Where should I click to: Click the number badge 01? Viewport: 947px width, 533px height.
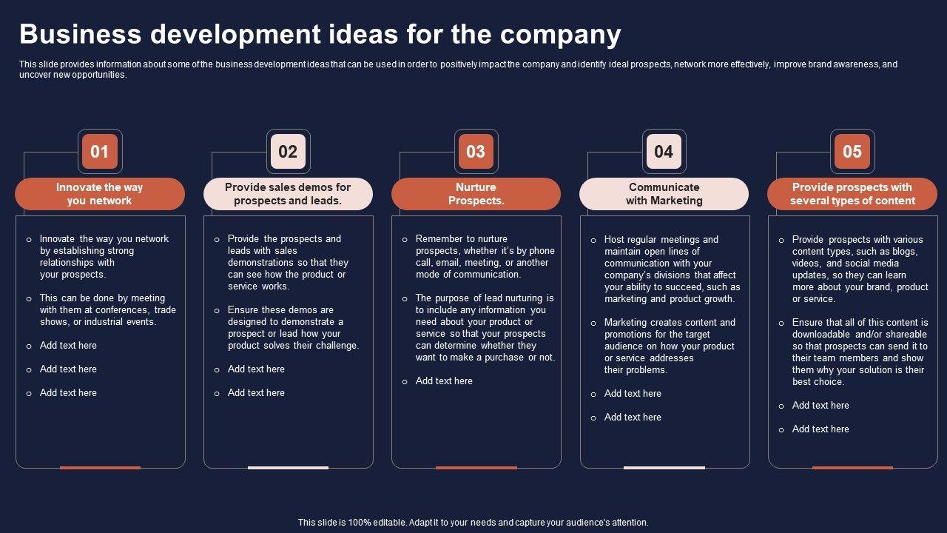(100, 152)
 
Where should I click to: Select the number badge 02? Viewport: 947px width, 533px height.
(288, 152)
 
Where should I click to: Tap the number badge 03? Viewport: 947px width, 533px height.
(476, 152)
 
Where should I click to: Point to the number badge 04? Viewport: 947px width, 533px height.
(664, 152)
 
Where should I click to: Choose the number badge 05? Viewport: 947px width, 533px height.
(852, 152)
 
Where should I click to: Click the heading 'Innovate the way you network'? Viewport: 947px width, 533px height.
(100, 194)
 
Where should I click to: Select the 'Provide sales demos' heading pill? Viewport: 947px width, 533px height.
(288, 194)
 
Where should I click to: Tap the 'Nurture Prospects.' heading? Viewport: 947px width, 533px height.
(476, 194)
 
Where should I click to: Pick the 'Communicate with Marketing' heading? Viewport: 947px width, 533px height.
(664, 194)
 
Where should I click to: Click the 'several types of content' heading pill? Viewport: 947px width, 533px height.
(852, 194)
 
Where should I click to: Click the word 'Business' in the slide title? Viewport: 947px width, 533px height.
(80, 35)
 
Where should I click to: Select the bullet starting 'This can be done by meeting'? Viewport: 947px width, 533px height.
(107, 310)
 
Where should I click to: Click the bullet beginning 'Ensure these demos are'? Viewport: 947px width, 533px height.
(293, 328)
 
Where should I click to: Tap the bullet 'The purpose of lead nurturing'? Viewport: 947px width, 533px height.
(485, 328)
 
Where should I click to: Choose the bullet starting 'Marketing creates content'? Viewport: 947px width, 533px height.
(670, 346)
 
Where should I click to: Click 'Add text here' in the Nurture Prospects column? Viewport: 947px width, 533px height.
(444, 381)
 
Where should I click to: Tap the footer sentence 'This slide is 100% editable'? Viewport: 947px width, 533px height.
(473, 523)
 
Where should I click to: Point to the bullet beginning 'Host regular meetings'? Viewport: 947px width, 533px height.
(672, 269)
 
